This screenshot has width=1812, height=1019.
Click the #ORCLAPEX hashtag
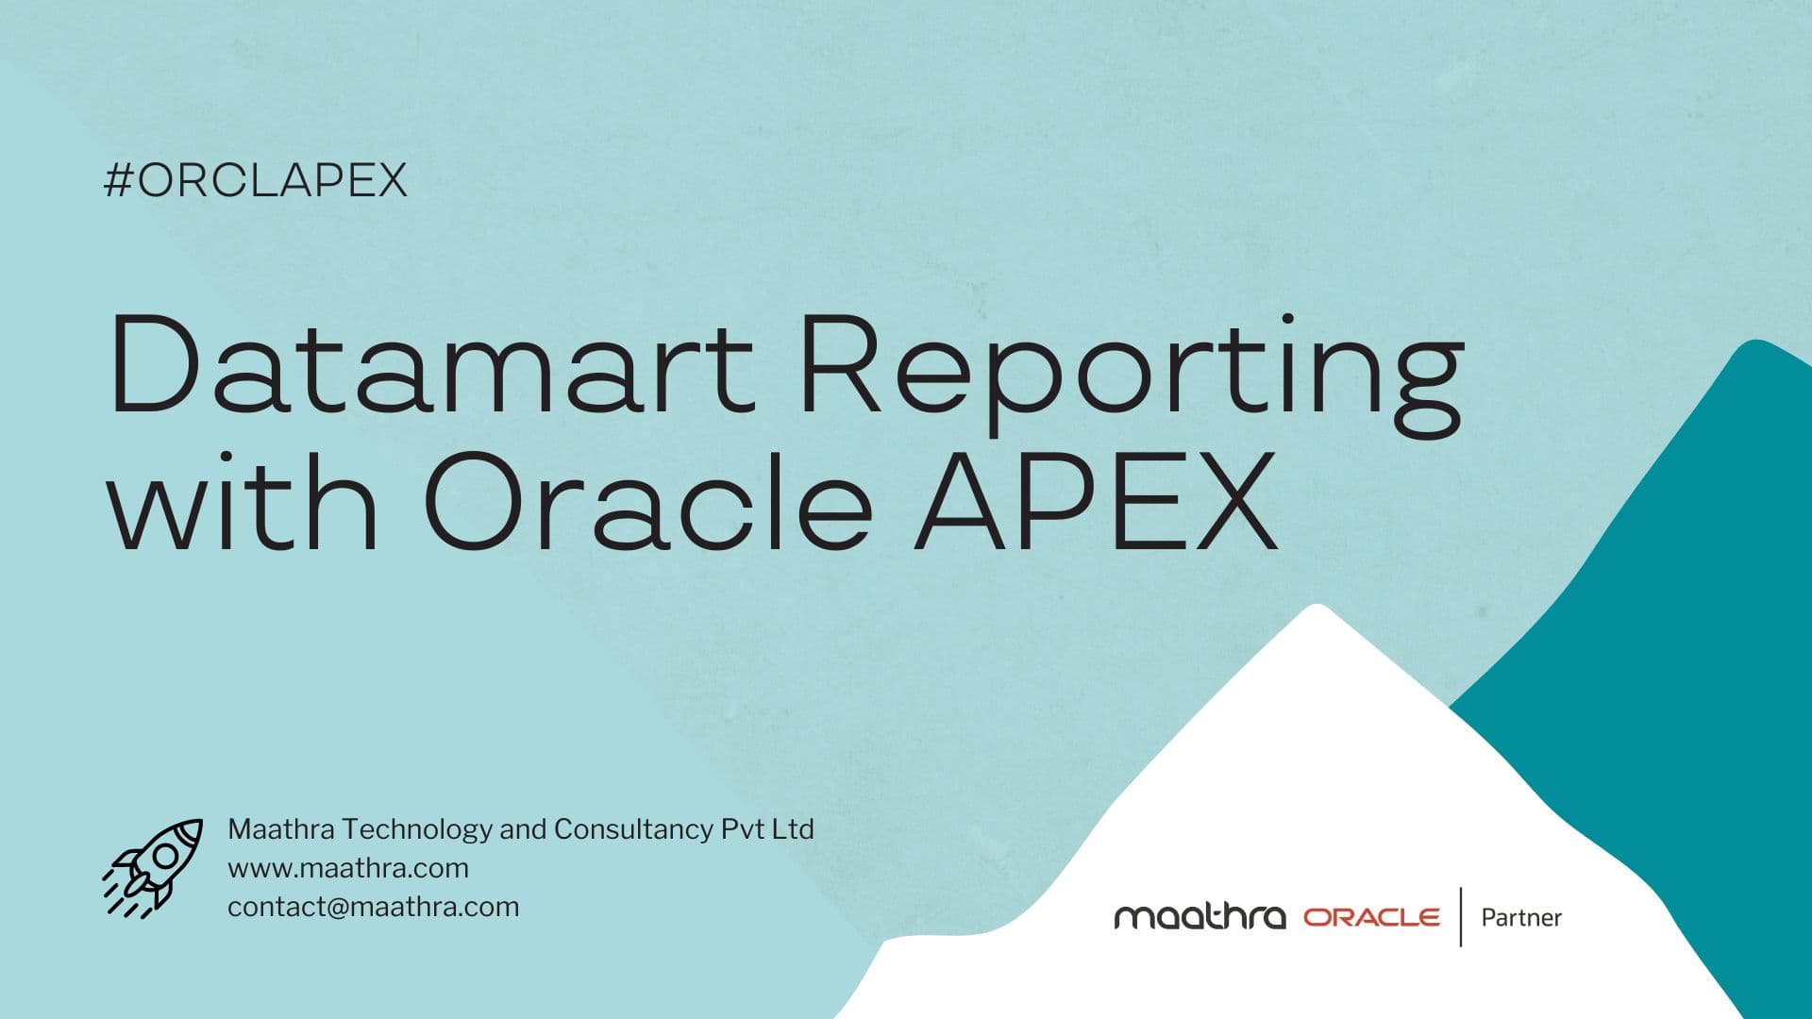tap(255, 180)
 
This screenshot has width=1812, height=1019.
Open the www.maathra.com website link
tap(348, 868)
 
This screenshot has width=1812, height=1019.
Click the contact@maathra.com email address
tap(374, 907)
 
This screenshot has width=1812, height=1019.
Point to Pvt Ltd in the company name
tap(767, 829)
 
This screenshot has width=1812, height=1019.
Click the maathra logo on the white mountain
tap(1200, 917)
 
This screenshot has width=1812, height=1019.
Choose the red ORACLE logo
tap(1371, 917)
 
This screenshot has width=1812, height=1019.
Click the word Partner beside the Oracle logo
tap(1521, 917)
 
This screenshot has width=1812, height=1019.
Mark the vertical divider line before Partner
tap(1461, 916)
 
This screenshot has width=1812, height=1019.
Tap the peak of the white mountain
tap(1316, 611)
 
